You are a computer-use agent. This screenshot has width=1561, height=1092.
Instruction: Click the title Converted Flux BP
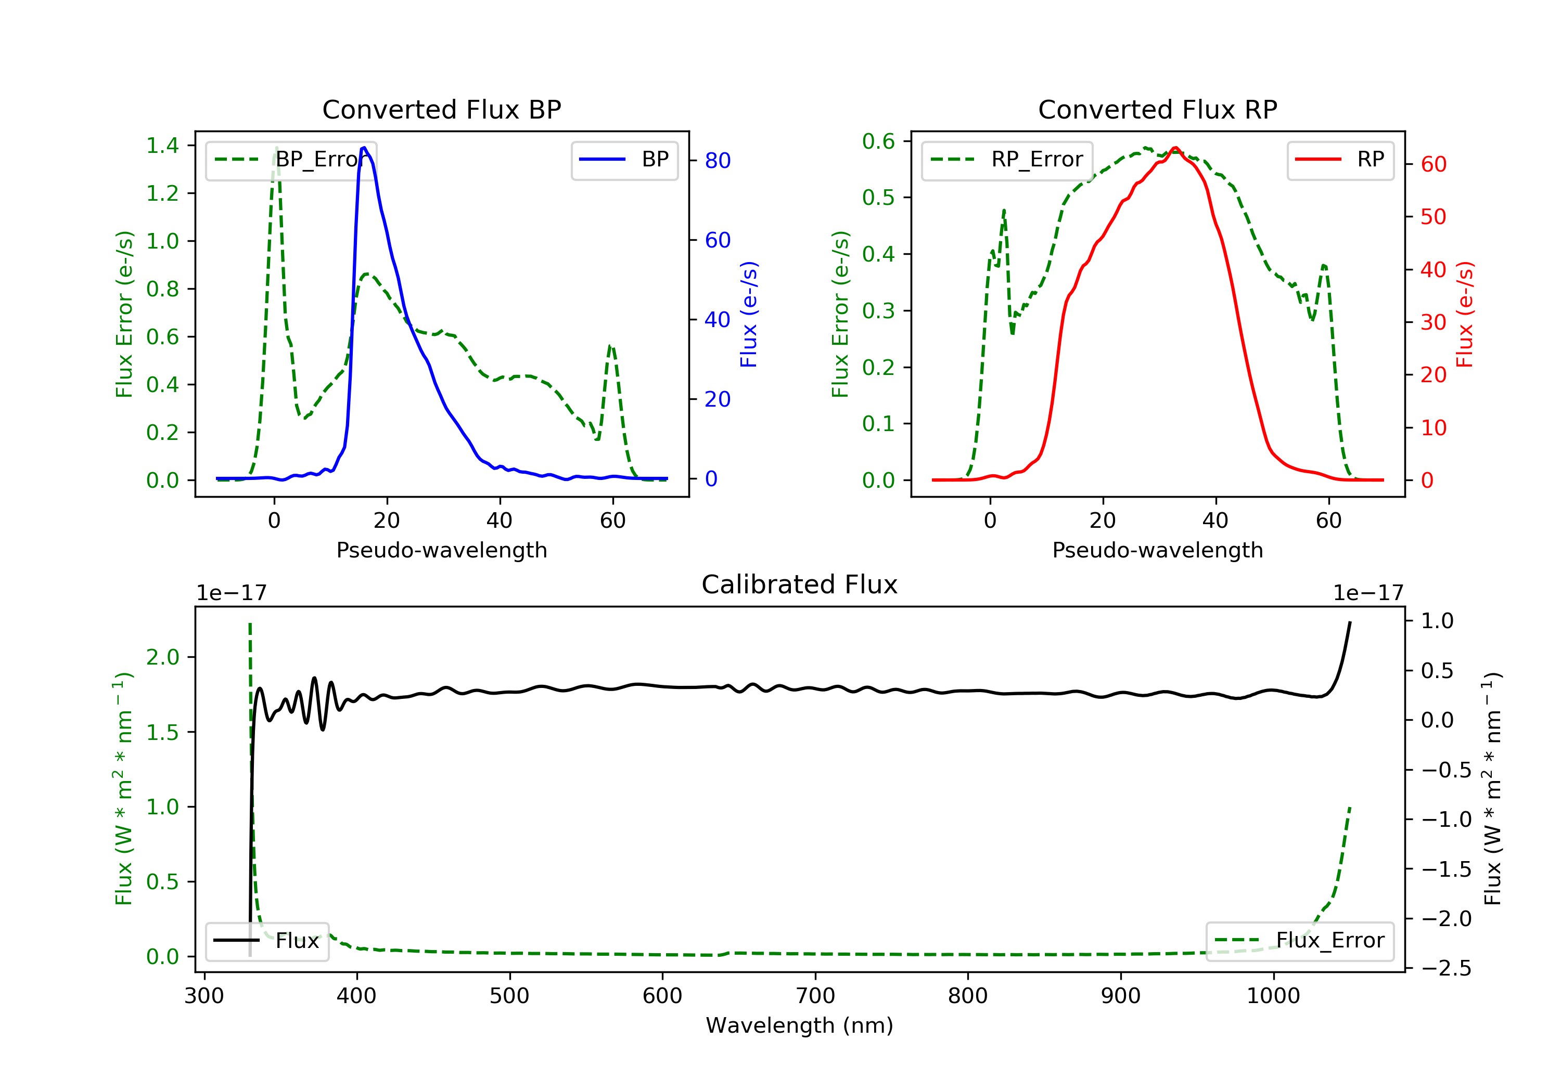[x=441, y=109]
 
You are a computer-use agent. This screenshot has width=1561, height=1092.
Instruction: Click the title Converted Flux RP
[x=1157, y=109]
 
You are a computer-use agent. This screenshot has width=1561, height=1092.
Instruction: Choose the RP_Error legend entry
[x=1007, y=160]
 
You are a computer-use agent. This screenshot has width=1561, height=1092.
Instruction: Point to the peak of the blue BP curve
[x=364, y=148]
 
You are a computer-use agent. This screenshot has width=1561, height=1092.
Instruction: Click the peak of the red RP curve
[x=1175, y=148]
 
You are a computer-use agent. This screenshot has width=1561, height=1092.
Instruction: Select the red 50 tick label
[x=1433, y=217]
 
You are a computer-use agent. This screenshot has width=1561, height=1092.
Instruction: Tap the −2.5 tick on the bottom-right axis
[x=1445, y=968]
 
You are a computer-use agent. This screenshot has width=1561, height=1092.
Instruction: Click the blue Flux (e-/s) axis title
[x=749, y=314]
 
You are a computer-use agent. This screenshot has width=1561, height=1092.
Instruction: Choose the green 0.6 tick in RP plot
[x=878, y=141]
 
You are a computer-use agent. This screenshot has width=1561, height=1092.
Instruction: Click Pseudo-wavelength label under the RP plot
[x=1157, y=550]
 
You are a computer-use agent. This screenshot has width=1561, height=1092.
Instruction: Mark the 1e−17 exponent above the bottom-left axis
[x=231, y=593]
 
